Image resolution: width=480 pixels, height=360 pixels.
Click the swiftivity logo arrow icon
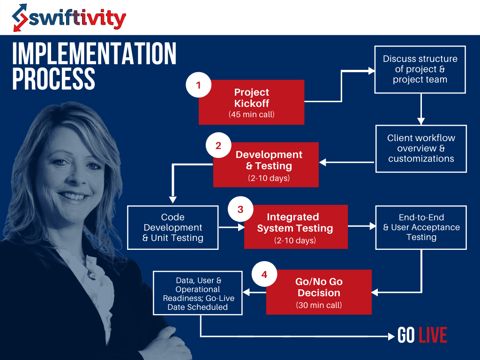click(20, 18)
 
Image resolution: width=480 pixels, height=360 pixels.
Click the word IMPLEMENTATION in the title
click(94, 54)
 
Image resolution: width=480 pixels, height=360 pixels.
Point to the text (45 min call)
click(251, 114)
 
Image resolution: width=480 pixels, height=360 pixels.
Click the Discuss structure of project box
click(420, 69)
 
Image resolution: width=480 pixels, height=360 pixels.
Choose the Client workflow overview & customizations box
click(421, 148)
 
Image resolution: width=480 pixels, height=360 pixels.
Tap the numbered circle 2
click(218, 145)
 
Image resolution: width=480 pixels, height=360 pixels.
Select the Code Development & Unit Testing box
click(173, 227)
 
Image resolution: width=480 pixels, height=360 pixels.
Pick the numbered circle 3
click(240, 209)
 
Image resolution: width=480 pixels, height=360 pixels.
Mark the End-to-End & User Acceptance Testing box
click(421, 227)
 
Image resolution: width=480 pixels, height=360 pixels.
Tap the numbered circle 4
click(264, 274)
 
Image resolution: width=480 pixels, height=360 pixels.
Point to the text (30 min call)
click(319, 305)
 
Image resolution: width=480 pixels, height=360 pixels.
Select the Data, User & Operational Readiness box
click(198, 293)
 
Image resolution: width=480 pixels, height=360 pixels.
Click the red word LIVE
click(433, 336)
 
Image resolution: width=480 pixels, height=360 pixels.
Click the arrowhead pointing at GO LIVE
click(392, 336)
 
